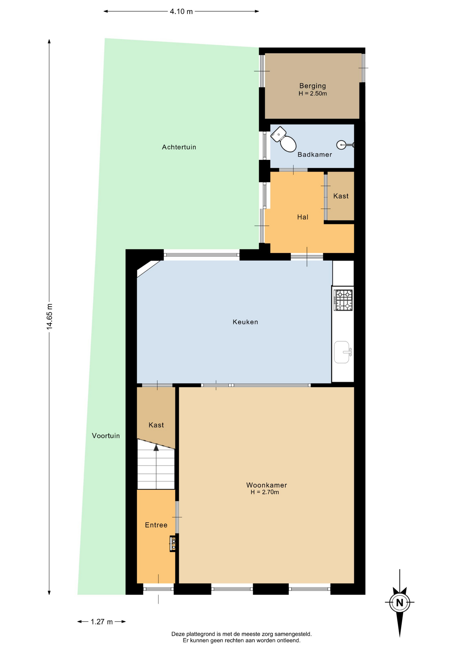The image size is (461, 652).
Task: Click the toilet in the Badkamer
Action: (x=284, y=139)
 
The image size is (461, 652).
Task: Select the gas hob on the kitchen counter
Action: (x=343, y=300)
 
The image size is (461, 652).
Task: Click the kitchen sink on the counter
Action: (x=343, y=352)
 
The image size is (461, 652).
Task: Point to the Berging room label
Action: (x=312, y=86)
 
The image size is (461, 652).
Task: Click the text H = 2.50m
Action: (x=313, y=94)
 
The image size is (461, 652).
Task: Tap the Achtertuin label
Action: (x=179, y=147)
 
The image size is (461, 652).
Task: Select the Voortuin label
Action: (x=106, y=436)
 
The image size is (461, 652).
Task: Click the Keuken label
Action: (x=245, y=322)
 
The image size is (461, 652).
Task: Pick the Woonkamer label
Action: (x=266, y=485)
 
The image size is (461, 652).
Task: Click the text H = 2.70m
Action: (x=265, y=492)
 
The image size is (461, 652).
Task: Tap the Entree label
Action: (x=156, y=525)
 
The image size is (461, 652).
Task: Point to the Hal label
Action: (x=302, y=217)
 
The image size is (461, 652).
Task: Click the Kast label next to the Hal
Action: (x=341, y=196)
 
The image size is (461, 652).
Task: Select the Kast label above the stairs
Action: (x=156, y=425)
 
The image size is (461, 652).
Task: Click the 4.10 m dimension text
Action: (x=181, y=12)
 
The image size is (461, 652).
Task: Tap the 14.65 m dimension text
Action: (x=50, y=316)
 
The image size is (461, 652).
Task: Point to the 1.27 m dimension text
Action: (x=102, y=622)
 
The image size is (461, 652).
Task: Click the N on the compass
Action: (x=400, y=603)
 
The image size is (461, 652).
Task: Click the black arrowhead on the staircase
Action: (x=156, y=448)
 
